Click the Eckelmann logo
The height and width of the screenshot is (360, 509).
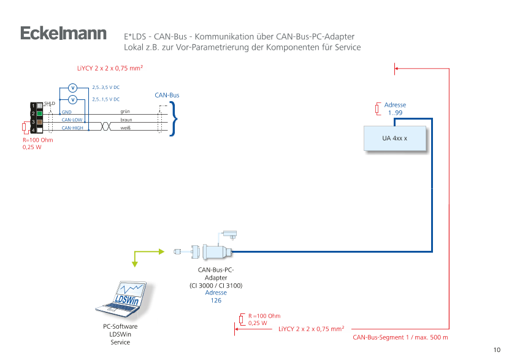click(x=63, y=34)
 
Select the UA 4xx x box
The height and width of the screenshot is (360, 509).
click(x=395, y=139)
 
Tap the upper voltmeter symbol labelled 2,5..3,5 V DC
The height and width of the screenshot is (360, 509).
click(x=72, y=88)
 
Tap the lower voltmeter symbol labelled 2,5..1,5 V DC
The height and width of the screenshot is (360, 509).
click(x=72, y=99)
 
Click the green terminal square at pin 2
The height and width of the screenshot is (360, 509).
click(x=39, y=113)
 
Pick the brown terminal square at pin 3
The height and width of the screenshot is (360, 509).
click(x=39, y=122)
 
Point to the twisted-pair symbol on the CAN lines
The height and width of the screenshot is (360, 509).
click(x=104, y=125)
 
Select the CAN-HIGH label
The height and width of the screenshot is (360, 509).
click(x=72, y=128)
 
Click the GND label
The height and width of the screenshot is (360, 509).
click(x=66, y=112)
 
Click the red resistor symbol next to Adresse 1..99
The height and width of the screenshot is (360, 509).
click(x=377, y=110)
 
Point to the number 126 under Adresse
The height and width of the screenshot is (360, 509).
click(x=216, y=301)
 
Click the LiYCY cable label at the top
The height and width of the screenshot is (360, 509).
click(x=110, y=69)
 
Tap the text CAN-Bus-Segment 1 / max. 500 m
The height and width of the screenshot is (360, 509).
click(x=400, y=338)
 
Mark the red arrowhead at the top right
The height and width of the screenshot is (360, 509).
click(x=397, y=69)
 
